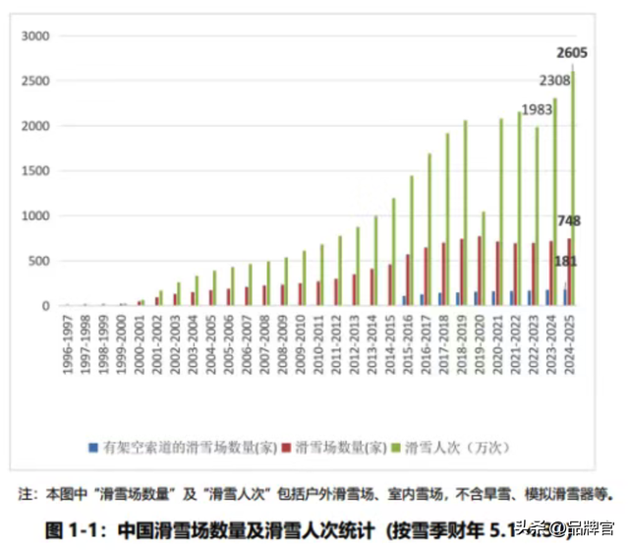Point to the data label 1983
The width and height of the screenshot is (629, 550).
click(537, 109)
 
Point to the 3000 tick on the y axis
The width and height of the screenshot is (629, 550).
click(34, 36)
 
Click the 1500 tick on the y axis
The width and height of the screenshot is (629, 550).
click(34, 171)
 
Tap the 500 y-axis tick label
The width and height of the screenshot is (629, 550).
click(38, 261)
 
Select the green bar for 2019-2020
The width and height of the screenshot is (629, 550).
click(484, 259)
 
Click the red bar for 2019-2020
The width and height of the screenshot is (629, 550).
click(479, 272)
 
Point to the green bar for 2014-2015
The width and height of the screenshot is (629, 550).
click(394, 252)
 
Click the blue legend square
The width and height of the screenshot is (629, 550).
click(91, 448)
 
